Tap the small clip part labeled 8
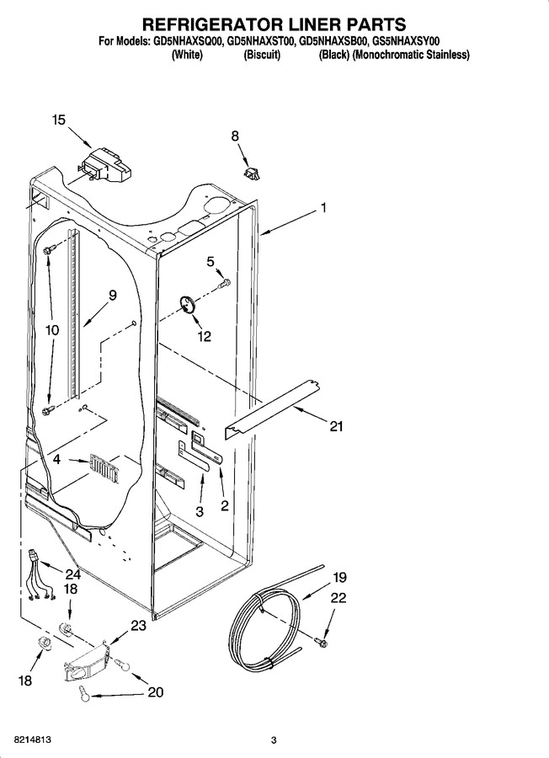click(253, 173)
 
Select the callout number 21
click(336, 426)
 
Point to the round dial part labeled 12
click(187, 306)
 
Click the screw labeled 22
click(321, 643)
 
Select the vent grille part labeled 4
click(104, 468)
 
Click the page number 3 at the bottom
click(274, 739)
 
